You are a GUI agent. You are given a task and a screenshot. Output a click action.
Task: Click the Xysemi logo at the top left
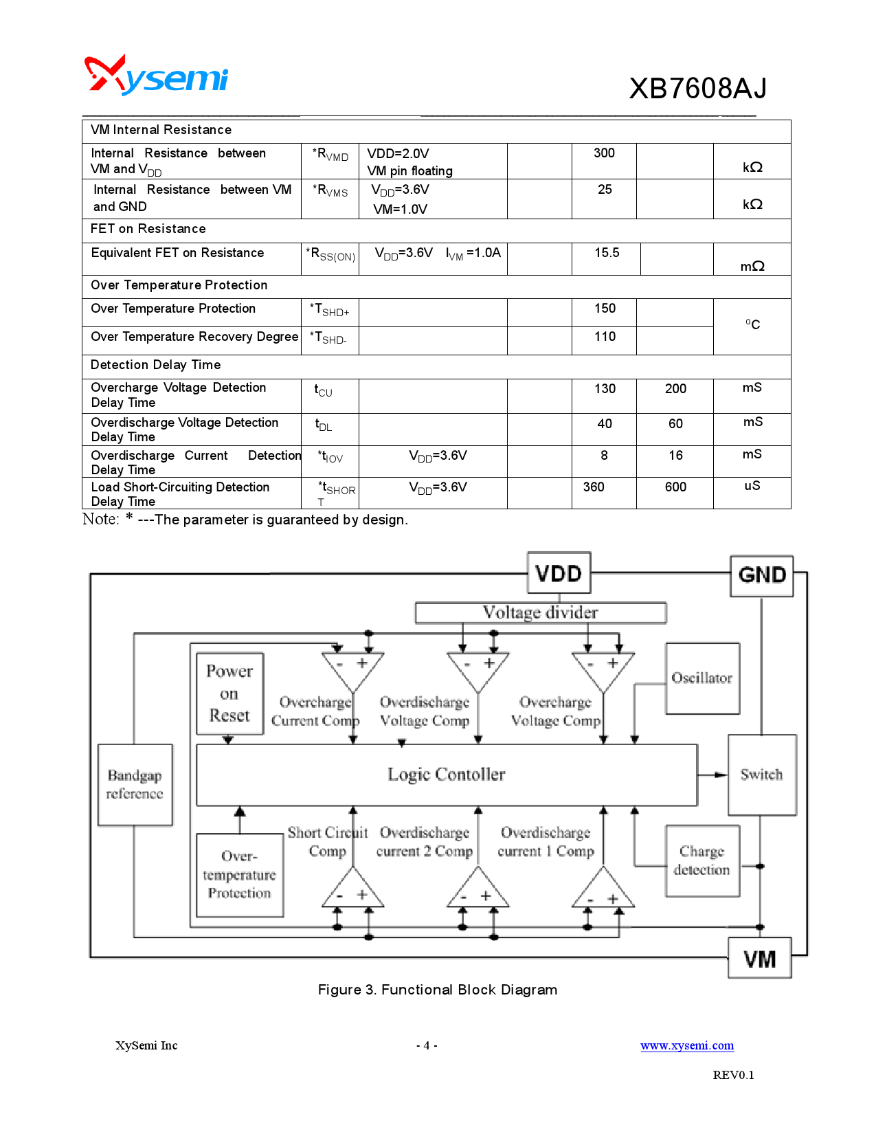[156, 76]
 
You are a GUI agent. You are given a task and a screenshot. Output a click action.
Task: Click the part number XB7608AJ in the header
[697, 89]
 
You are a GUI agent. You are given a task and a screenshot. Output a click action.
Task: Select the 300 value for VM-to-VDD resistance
[604, 153]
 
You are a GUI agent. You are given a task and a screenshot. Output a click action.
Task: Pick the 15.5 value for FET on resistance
[607, 253]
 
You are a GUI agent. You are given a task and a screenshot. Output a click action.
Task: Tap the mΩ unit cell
[752, 266]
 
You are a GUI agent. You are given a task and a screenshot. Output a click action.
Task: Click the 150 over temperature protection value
[605, 309]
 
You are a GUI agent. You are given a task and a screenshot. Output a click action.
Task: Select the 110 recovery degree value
[605, 337]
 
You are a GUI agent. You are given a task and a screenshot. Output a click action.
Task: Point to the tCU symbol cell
[324, 391]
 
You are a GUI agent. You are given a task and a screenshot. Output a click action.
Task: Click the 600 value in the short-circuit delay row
[675, 487]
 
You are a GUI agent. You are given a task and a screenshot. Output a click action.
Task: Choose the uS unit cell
[752, 486]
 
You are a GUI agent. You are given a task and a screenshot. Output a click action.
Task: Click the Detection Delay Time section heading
[156, 365]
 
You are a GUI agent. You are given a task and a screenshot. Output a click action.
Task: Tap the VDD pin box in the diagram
[559, 573]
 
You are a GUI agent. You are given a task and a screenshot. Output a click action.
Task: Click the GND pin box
[761, 575]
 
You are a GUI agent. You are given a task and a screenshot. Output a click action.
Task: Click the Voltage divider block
[540, 612]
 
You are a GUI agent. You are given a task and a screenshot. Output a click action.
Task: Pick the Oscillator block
[702, 678]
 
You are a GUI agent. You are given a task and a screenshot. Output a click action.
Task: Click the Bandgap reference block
[135, 784]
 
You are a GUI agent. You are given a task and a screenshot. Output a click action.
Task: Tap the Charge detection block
[702, 860]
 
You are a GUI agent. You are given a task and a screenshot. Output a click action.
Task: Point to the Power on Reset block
[229, 693]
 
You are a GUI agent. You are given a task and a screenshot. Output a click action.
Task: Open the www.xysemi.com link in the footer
[687, 1045]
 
